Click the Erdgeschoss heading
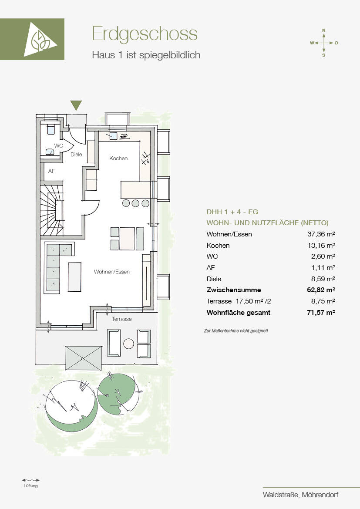pyautogui.click(x=145, y=34)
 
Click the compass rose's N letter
pyautogui.click(x=323, y=30)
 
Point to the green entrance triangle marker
pyautogui.click(x=76, y=105)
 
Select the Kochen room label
pyautogui.click(x=118, y=158)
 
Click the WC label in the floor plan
pyautogui.click(x=59, y=146)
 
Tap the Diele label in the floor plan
pyautogui.click(x=76, y=155)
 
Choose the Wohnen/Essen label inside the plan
pyautogui.click(x=112, y=272)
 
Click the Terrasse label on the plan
pyautogui.click(x=122, y=319)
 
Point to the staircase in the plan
pyautogui.click(x=52, y=210)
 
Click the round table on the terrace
pyautogui.click(x=129, y=344)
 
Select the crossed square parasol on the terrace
pyautogui.click(x=84, y=358)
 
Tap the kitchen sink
pyautogui.click(x=113, y=136)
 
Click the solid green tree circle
pyautogui.click(x=116, y=393)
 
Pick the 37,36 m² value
pyautogui.click(x=321, y=234)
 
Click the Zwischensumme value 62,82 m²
pyautogui.click(x=321, y=290)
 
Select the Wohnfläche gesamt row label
pyautogui.click(x=239, y=313)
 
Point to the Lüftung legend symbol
pyautogui.click(x=30, y=480)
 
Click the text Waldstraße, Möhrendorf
pyautogui.click(x=301, y=495)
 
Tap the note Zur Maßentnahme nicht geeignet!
pyautogui.click(x=236, y=331)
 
